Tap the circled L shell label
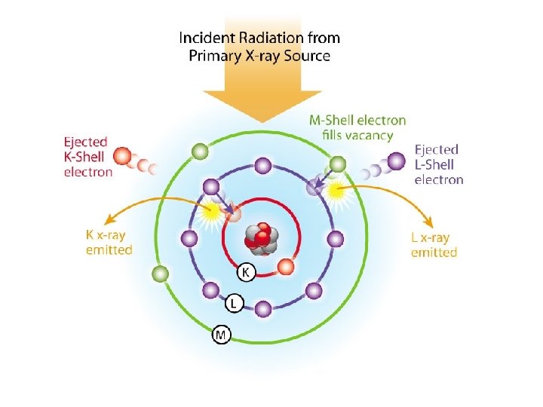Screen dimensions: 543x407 click(x=234, y=303)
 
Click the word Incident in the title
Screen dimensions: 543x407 click(x=207, y=37)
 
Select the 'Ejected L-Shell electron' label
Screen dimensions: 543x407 click(x=439, y=164)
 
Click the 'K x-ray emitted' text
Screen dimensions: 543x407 click(x=109, y=242)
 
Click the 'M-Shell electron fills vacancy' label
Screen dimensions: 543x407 click(x=357, y=127)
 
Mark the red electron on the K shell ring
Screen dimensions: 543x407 click(x=285, y=266)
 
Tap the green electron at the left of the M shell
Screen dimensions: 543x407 click(x=160, y=274)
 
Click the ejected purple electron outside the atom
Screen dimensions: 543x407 click(x=396, y=161)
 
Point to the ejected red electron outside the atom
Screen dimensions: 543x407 click(x=121, y=158)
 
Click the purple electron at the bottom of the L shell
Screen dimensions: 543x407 click(x=262, y=308)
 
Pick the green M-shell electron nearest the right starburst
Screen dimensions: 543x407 click(x=338, y=164)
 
